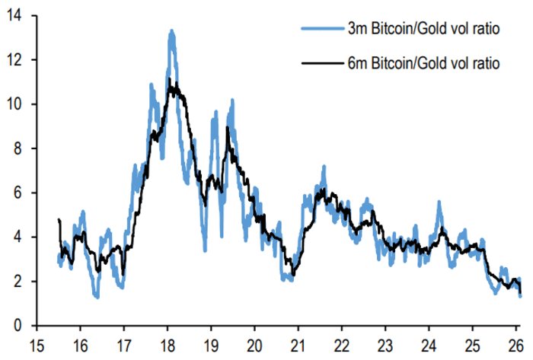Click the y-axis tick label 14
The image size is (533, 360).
pyautogui.click(x=14, y=14)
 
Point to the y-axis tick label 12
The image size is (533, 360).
pyautogui.click(x=14, y=59)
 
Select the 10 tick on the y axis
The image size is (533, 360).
pyautogui.click(x=14, y=104)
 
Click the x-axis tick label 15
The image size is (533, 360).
pyautogui.click(x=37, y=342)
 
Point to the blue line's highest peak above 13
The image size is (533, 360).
pyautogui.click(x=171, y=31)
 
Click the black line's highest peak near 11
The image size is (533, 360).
pyautogui.click(x=173, y=81)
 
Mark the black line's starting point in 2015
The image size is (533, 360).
pyautogui.click(x=59, y=220)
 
